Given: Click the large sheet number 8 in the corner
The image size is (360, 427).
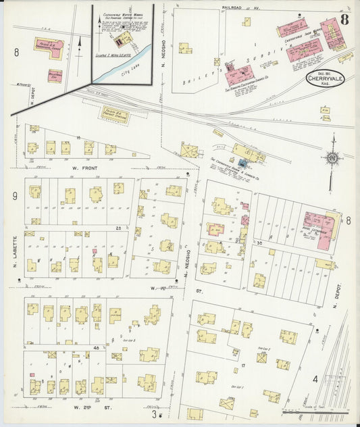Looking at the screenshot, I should (344, 19).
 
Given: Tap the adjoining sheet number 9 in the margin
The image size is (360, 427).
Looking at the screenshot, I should (14, 197).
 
